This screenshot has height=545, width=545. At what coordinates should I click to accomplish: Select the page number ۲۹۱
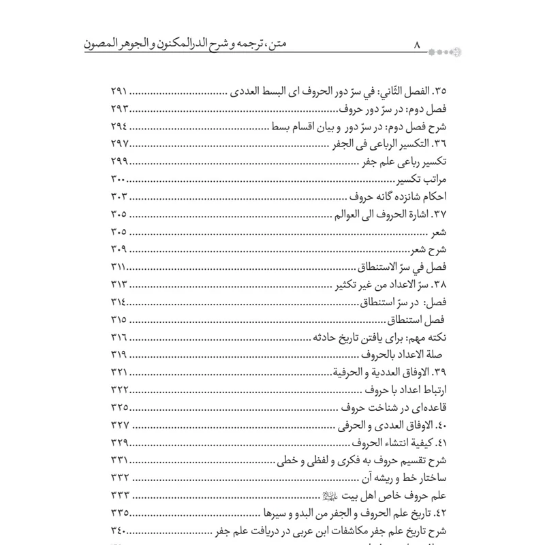[123, 91]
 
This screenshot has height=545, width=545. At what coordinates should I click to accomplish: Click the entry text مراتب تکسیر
[406, 180]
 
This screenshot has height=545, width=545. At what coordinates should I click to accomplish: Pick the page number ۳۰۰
[123, 180]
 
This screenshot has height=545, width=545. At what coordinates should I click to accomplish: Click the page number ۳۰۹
[123, 250]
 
